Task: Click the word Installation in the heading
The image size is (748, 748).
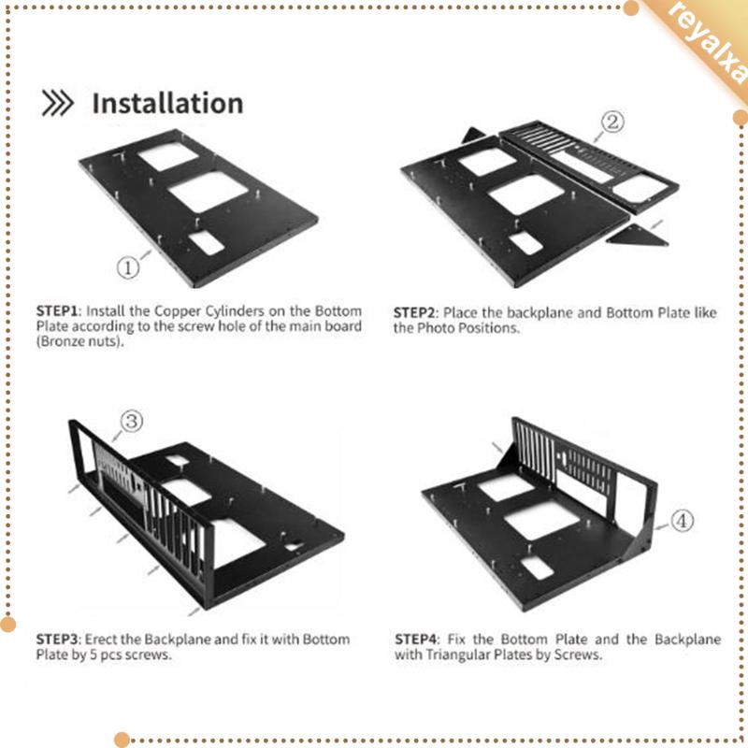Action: pos(167,104)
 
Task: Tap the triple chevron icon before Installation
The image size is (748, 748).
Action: pos(57,103)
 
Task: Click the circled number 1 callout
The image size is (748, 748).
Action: pos(128,267)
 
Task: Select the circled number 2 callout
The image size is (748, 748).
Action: pos(612,122)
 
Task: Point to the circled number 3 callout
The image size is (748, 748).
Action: pos(132,422)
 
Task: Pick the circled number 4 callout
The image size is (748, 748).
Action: pos(683,521)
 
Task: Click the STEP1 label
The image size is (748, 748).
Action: pos(57,311)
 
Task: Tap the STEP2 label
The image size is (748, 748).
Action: pos(414,313)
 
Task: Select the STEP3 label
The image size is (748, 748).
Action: pos(57,640)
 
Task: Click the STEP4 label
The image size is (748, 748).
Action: pos(415,640)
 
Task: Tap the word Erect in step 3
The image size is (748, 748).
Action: pos(101,640)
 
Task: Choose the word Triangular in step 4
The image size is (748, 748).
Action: pos(457,654)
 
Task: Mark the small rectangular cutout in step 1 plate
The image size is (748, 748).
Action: pos(206,243)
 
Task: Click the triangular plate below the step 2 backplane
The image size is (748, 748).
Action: pos(638,237)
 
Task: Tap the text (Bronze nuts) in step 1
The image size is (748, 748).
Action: pos(79,341)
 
